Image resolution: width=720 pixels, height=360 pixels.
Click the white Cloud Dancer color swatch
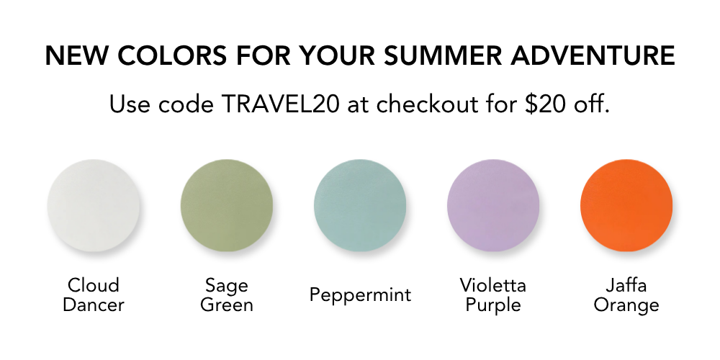tap(94, 205)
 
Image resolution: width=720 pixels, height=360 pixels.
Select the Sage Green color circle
tap(227, 205)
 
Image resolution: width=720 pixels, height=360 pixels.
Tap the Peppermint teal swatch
tap(360, 205)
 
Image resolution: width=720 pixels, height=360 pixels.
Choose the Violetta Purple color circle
tap(493, 205)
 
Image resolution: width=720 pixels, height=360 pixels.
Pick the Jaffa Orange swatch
tap(626, 205)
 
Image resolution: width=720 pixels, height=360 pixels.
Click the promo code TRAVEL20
tap(280, 104)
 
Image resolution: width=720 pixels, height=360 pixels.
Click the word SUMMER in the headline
tap(442, 55)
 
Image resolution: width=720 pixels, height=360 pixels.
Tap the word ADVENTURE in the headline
tap(593, 55)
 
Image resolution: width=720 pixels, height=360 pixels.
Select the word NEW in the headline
tap(76, 55)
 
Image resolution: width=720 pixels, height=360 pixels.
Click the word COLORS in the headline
tap(172, 55)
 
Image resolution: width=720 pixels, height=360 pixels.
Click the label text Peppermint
tap(360, 294)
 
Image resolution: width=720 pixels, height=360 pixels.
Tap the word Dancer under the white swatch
tap(94, 305)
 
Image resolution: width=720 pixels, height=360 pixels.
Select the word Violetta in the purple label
tap(493, 285)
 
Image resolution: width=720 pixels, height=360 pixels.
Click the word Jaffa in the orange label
tap(626, 285)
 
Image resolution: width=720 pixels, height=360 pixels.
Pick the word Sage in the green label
tap(227, 286)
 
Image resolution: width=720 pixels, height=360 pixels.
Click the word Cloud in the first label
tap(94, 285)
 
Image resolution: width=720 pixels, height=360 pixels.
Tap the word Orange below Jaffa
tap(626, 305)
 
